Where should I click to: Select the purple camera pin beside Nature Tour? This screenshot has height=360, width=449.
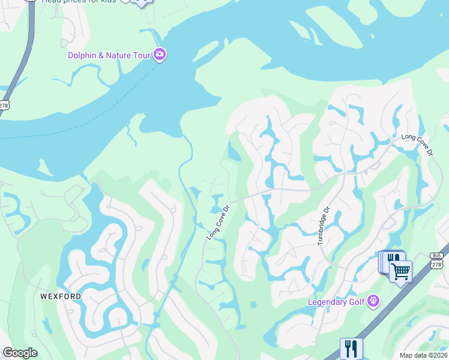[160, 55]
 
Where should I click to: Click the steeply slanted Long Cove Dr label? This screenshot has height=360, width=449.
[218, 223]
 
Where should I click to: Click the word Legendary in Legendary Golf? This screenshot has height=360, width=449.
[329, 302]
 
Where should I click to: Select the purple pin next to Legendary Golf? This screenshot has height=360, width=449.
[374, 300]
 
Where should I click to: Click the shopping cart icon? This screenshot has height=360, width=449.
[400, 271]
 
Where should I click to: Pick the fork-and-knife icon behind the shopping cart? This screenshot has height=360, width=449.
[393, 259]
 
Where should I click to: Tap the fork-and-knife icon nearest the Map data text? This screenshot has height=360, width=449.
[351, 348]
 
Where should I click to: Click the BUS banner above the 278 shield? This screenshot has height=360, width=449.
[436, 255]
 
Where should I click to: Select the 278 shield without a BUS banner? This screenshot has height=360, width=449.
[4, 104]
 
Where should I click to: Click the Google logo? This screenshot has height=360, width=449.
[20, 353]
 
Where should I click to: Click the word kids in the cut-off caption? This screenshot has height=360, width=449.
[106, 2]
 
